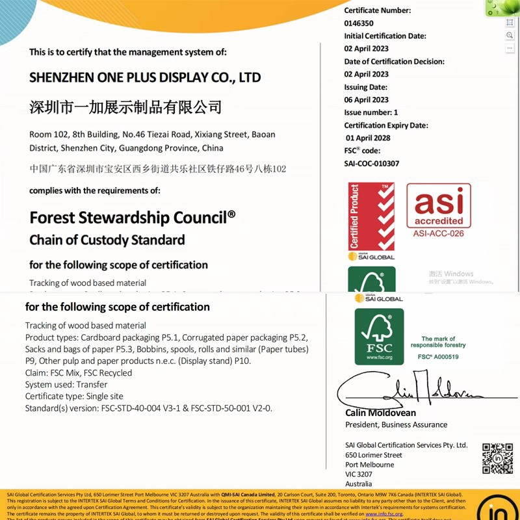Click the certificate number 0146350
(359, 23)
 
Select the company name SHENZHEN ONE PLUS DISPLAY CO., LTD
(145, 77)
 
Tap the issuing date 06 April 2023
(367, 99)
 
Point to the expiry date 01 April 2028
(369, 138)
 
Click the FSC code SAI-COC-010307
(372, 163)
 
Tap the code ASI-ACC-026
(439, 233)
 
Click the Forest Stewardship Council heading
(133, 216)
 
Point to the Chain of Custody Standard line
(107, 240)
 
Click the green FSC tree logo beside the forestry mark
(379, 336)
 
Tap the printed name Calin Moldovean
(381, 413)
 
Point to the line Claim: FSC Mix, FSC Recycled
(79, 372)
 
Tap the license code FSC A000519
(438, 357)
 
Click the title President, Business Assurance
(396, 424)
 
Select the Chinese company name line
(125, 107)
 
